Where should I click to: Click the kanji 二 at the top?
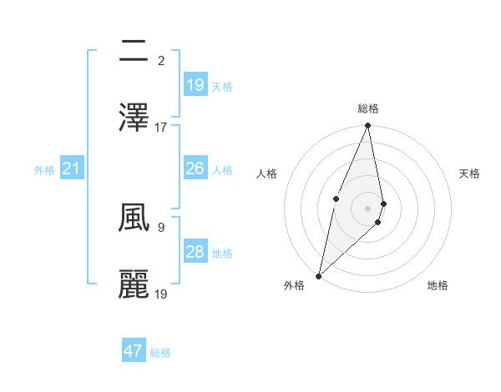134,52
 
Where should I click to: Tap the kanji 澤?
134,118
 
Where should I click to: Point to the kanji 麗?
134,284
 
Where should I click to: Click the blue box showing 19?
195,85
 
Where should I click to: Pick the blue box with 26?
195,168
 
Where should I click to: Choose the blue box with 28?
195,252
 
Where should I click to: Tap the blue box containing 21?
72,169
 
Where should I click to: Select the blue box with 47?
134,351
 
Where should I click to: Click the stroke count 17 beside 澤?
161,127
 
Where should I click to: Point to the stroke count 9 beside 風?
160,226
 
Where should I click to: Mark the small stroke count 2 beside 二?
160,60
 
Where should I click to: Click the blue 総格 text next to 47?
161,353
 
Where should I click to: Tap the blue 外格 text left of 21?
44,170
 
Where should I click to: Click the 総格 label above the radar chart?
368,108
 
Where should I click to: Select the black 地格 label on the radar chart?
438,286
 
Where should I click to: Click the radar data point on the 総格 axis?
368,126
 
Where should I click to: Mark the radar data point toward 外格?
318,275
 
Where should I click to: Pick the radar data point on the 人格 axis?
336,198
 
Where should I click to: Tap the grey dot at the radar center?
368,209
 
